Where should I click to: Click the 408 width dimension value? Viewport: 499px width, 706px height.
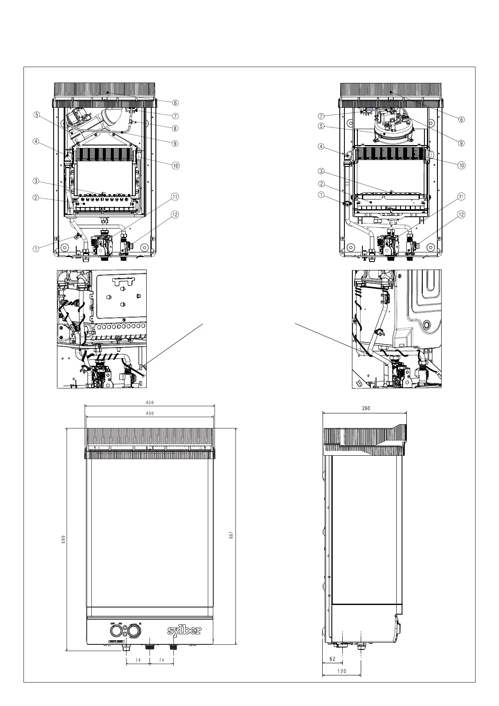(150, 402)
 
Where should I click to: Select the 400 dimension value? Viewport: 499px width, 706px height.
(150, 413)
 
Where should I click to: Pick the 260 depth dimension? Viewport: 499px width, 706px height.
(366, 408)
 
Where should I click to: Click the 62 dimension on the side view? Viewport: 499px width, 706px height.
(333, 659)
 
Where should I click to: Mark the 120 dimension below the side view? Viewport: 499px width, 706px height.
(342, 671)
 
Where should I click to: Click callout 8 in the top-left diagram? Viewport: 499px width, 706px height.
(175, 129)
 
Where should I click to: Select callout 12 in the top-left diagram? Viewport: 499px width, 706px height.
(175, 215)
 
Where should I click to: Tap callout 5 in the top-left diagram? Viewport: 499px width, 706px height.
(37, 114)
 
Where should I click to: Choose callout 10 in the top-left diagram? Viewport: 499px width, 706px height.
(176, 165)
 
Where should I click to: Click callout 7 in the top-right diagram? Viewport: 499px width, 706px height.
(321, 116)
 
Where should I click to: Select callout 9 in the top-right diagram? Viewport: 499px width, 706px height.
(461, 143)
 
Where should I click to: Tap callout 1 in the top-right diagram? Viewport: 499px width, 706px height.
(321, 195)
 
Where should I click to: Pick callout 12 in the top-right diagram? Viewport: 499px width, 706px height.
(461, 215)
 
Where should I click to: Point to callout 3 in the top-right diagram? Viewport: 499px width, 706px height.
(321, 171)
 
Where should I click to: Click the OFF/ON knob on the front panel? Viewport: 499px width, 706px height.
(115, 631)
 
